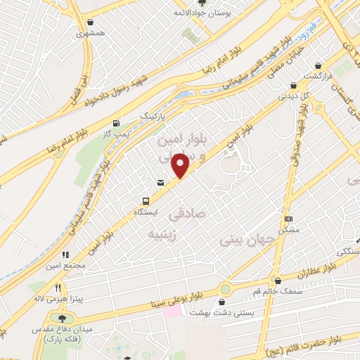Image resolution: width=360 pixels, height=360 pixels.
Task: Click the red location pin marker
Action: [x=181, y=165]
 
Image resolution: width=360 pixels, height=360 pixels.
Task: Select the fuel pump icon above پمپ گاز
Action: [x=126, y=121]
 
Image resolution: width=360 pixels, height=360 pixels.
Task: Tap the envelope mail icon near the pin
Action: [x=162, y=183]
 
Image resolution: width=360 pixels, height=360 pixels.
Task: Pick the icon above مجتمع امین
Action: [x=65, y=255]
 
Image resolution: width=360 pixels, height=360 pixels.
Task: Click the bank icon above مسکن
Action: [x=288, y=219]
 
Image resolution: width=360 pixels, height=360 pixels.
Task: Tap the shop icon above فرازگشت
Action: [x=321, y=63]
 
